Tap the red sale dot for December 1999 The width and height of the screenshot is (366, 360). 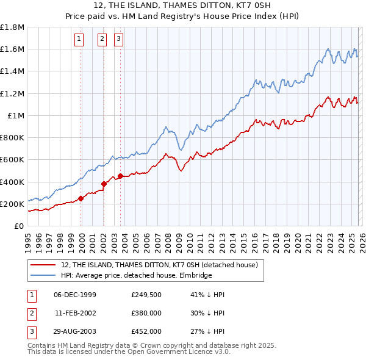point(81,198)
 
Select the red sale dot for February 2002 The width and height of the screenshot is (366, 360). point(104,184)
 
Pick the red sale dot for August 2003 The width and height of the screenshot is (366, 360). point(120,176)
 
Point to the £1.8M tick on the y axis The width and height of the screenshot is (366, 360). point(12,27)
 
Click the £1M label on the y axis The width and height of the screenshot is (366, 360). point(16,115)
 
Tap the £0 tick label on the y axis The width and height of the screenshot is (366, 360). point(20,226)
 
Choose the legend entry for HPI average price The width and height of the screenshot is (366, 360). point(136,276)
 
